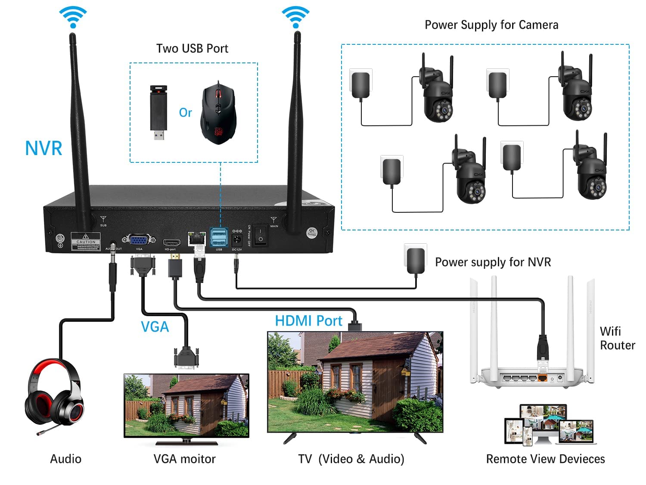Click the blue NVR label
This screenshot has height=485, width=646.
pyautogui.click(x=43, y=148)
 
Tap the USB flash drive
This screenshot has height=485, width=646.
pyautogui.click(x=158, y=112)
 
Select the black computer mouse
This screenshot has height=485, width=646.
pyautogui.click(x=218, y=114)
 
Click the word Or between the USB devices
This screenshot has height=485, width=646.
pyautogui.click(x=185, y=113)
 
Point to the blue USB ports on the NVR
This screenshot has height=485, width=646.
pyautogui.click(x=219, y=237)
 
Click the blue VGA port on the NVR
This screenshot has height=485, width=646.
pyautogui.click(x=139, y=240)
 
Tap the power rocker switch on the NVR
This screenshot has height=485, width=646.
pyautogui.click(x=260, y=235)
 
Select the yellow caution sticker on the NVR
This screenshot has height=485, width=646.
pyautogui.click(x=86, y=241)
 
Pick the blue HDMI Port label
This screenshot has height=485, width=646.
pyautogui.click(x=308, y=321)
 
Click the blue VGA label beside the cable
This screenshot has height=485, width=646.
pyautogui.click(x=155, y=327)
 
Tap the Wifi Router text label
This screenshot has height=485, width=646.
pyautogui.click(x=617, y=338)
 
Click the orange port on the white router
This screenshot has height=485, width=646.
pyautogui.click(x=543, y=378)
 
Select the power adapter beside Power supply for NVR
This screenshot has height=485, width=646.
pyautogui.click(x=416, y=259)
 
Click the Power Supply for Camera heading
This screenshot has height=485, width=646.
pyautogui.click(x=491, y=25)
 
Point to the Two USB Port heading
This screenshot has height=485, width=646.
pyautogui.click(x=192, y=48)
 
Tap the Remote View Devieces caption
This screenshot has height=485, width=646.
pyautogui.click(x=545, y=459)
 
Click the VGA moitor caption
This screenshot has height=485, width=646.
pyautogui.click(x=184, y=459)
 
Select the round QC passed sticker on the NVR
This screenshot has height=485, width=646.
pyautogui.click(x=312, y=233)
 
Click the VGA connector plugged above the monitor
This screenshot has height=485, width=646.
pyautogui.click(x=186, y=358)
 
